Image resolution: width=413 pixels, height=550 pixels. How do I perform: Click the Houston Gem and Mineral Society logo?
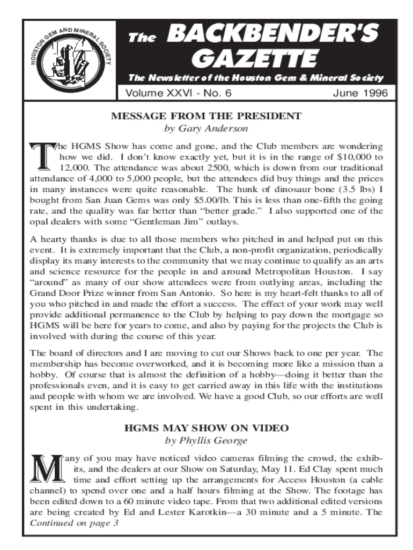70,60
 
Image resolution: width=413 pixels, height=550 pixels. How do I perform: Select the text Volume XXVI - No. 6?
178,93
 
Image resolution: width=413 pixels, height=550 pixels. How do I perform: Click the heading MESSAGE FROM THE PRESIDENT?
206,116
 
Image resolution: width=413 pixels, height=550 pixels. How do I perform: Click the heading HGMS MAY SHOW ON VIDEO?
206,428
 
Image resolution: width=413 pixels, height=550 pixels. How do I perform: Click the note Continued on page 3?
74,523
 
